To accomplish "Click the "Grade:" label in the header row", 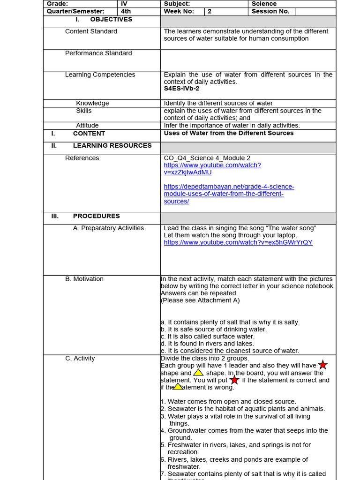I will (x=57, y=4).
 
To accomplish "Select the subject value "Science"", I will (x=264, y=4).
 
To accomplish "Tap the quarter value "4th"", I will (x=127, y=11).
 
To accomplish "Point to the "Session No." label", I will (x=270, y=11).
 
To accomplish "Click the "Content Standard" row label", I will (x=91, y=31).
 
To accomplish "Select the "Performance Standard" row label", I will (x=98, y=53).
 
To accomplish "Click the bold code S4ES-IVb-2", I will (x=181, y=89).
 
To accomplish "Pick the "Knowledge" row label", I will (x=92, y=103).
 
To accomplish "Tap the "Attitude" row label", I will (x=87, y=126).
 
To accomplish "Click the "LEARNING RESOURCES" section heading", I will (x=112, y=146).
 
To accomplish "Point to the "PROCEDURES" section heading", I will (x=96, y=216).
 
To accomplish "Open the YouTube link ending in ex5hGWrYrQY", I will (x=238, y=243).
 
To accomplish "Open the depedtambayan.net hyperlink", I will (x=229, y=194).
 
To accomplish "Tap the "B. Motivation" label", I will (x=84, y=279).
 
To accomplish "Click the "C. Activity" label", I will (x=80, y=359).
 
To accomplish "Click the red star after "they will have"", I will (x=323, y=365).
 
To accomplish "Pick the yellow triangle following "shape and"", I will (x=198, y=373).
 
